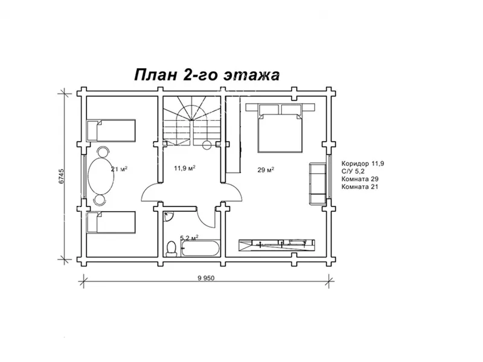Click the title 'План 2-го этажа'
pyautogui.click(x=206, y=75)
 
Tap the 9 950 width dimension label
pyautogui.click(x=206, y=278)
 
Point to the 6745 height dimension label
pyautogui.click(x=62, y=176)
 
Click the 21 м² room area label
pyautogui.click(x=119, y=169)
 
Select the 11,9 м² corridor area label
pyautogui.click(x=185, y=168)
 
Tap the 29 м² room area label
pyautogui.click(x=266, y=170)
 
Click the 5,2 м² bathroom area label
pyautogui.click(x=189, y=238)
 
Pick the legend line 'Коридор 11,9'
pyautogui.click(x=363, y=164)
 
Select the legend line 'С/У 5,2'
pyautogui.click(x=353, y=171)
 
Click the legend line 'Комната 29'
pyautogui.click(x=360, y=179)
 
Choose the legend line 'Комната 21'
pyautogui.click(x=359, y=186)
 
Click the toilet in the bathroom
pyautogui.click(x=171, y=249)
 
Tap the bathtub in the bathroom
pyautogui.click(x=200, y=249)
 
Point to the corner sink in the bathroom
pyautogui.click(x=168, y=217)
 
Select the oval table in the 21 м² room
pyautogui.click(x=101, y=176)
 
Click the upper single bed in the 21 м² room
pyautogui.click(x=111, y=130)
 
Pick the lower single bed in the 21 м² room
pyautogui.click(x=111, y=222)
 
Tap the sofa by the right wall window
pyautogui.click(x=318, y=183)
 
